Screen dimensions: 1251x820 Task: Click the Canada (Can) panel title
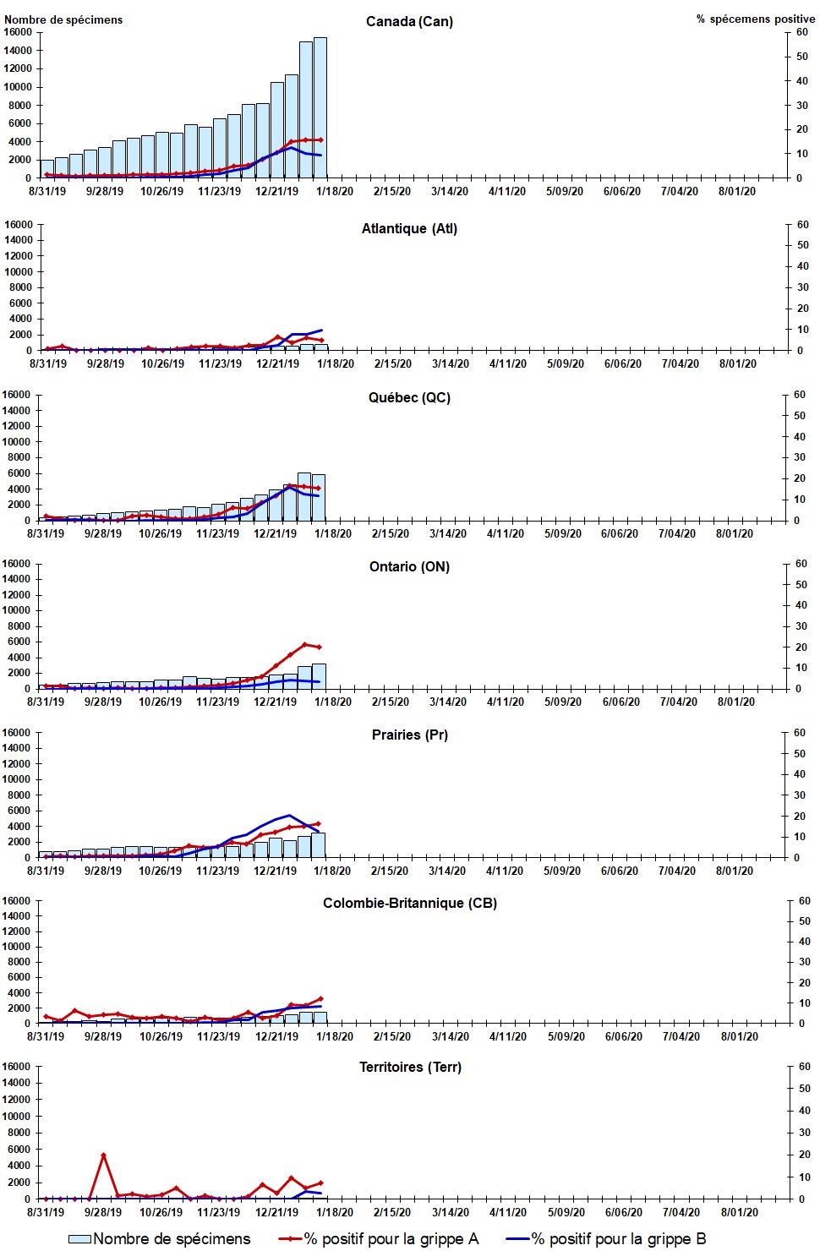click(x=409, y=21)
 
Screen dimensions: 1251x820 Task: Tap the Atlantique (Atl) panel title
click(x=409, y=228)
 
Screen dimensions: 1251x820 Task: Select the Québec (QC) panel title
click(x=409, y=397)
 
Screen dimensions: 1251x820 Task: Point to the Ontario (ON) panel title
click(x=409, y=566)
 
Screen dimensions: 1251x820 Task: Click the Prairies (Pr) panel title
click(x=409, y=735)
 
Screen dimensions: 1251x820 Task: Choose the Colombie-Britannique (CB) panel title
click(x=409, y=903)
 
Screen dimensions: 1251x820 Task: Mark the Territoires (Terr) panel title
click(x=410, y=1067)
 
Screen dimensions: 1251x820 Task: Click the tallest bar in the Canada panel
click(x=320, y=107)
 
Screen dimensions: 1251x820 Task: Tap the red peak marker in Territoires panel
click(x=103, y=1155)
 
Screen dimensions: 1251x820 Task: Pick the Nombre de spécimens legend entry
click(x=160, y=1238)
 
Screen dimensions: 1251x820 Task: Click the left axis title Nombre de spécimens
click(x=63, y=19)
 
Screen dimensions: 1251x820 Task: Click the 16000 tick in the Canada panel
click(x=18, y=32)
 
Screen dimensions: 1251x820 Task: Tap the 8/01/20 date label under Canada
click(x=737, y=191)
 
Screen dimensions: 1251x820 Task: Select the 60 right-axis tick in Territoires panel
click(x=804, y=1067)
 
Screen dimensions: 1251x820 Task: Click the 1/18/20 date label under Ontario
click(x=333, y=702)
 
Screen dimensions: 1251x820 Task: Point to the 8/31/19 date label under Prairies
click(x=46, y=871)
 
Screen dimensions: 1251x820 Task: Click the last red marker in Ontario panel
click(x=319, y=647)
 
